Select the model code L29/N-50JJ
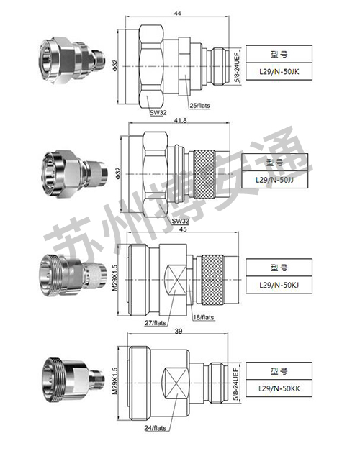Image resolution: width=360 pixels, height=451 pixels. click(280, 180)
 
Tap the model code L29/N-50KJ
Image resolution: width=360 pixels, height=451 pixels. click(280, 286)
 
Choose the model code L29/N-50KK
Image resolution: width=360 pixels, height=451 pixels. click(280, 389)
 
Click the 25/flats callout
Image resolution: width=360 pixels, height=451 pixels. click(199, 106)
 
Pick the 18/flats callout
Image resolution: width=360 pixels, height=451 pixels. click(202, 318)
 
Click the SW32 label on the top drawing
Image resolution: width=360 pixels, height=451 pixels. click(158, 112)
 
